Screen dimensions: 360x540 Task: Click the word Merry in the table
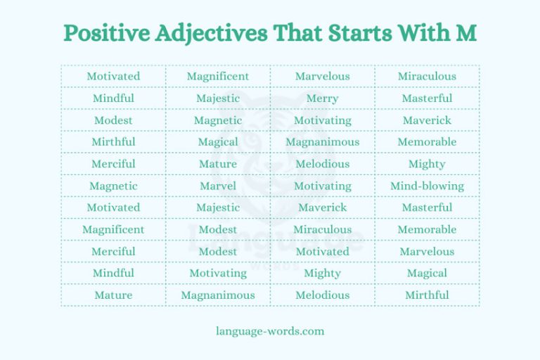pos(322,98)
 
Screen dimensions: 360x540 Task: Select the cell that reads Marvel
pos(218,186)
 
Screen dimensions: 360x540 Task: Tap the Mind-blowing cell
pos(427,186)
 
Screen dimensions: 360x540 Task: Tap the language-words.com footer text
pos(270,330)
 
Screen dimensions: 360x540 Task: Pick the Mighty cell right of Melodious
pos(427,164)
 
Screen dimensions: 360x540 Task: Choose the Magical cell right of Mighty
pos(427,273)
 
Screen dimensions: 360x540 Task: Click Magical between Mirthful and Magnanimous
pos(218,142)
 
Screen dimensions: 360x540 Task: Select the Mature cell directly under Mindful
pos(113,295)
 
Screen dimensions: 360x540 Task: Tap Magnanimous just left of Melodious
pos(218,295)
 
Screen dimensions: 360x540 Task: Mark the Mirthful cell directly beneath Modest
pos(113,142)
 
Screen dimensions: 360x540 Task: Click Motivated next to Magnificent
pos(113,77)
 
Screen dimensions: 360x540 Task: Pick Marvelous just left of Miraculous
pos(322,77)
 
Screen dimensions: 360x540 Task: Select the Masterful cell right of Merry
pos(427,98)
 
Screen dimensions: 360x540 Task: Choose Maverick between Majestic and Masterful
pos(322,207)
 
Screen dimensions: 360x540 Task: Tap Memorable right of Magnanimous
pos(427,142)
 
